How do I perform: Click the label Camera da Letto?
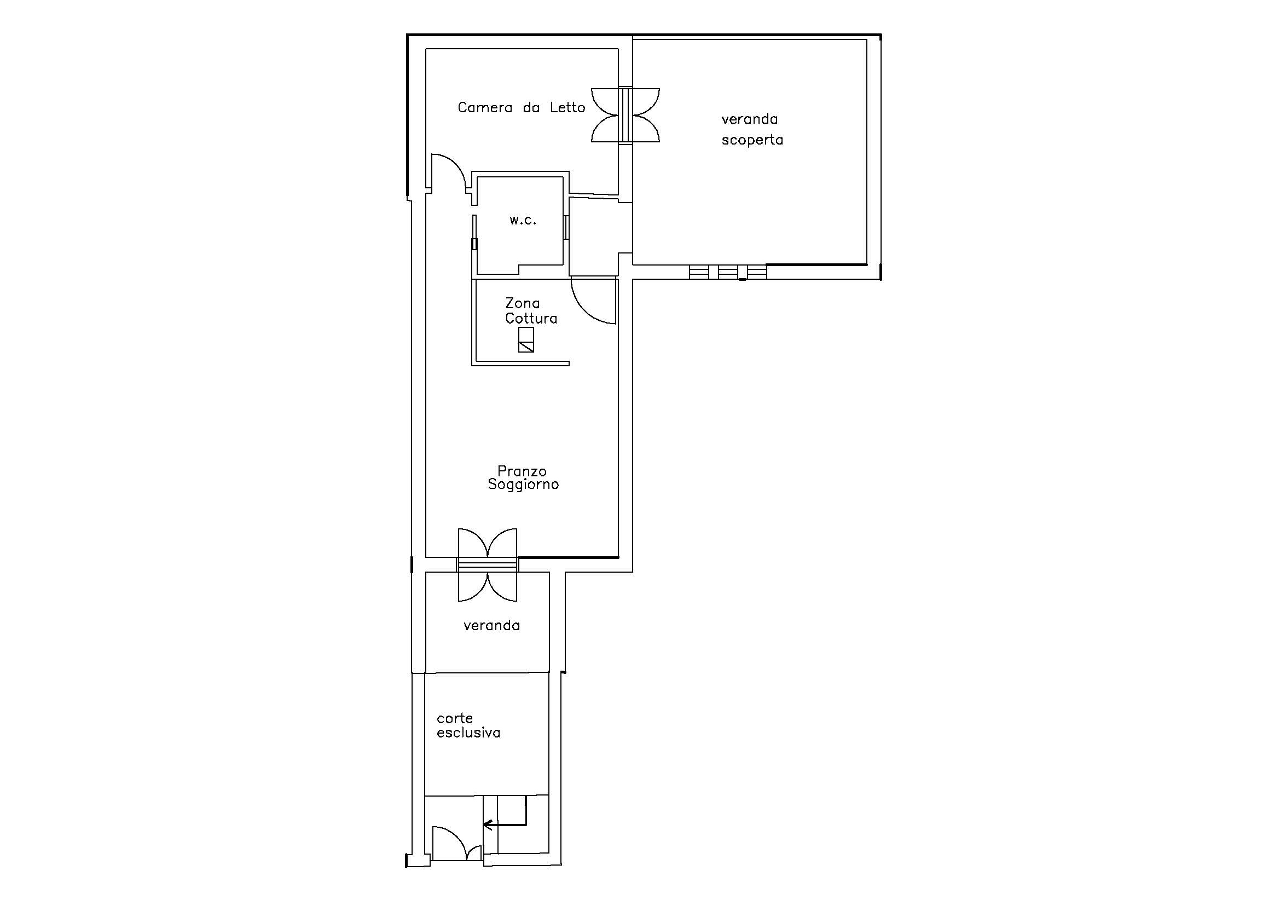[522, 107]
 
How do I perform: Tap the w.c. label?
[523, 220]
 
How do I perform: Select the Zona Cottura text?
[531, 311]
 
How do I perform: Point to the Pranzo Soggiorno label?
[523, 478]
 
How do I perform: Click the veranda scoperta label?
[752, 129]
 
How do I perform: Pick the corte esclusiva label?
[468, 725]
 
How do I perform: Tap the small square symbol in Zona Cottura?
[526, 339]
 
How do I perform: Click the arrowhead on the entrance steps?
[487, 824]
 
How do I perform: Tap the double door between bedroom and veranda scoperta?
[625, 115]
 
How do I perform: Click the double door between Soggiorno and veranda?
[487, 564]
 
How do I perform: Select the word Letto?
[567, 107]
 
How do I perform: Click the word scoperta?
[752, 140]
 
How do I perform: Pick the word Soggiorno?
[523, 485]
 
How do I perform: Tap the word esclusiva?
[468, 733]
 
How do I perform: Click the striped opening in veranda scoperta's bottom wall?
[727, 272]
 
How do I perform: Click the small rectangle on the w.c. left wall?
[474, 244]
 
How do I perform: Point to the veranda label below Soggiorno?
[492, 626]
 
